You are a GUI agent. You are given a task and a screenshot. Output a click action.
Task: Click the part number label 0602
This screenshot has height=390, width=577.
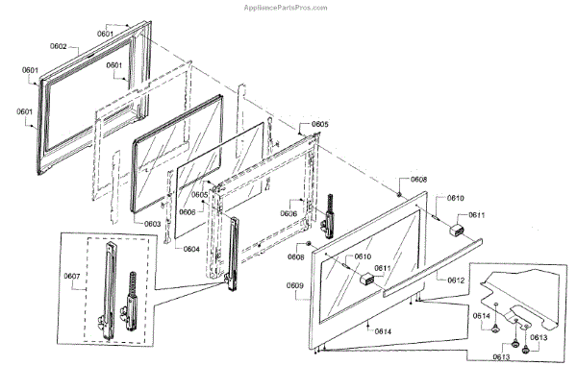tap(59, 46)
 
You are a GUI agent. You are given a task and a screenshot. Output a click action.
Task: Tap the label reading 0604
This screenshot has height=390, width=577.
tap(191, 248)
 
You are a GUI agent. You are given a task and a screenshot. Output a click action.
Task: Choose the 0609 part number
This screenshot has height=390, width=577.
tap(294, 286)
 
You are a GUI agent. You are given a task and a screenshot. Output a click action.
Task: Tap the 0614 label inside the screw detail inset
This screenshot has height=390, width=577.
tap(481, 315)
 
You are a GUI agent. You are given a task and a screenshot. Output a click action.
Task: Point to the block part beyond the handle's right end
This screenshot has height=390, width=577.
tap(455, 230)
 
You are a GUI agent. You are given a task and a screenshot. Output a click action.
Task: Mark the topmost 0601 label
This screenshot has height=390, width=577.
tap(106, 34)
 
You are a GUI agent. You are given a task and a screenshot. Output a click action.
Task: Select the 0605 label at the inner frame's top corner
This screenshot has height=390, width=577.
tap(319, 125)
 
